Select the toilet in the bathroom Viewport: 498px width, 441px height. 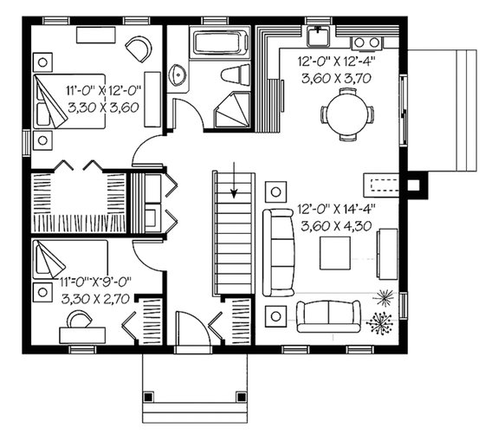pyautogui.click(x=234, y=75)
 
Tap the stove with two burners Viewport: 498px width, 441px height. pyautogui.click(x=368, y=42)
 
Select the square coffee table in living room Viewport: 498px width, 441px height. pyautogui.click(x=334, y=253)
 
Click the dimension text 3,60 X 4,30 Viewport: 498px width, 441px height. pyautogui.click(x=334, y=226)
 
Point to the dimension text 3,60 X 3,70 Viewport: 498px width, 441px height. pyautogui.click(x=334, y=78)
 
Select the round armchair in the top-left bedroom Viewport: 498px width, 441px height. pyautogui.click(x=137, y=49)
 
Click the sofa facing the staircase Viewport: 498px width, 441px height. pyautogui.click(x=278, y=250)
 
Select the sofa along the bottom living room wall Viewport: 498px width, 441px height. pyautogui.click(x=328, y=315)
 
